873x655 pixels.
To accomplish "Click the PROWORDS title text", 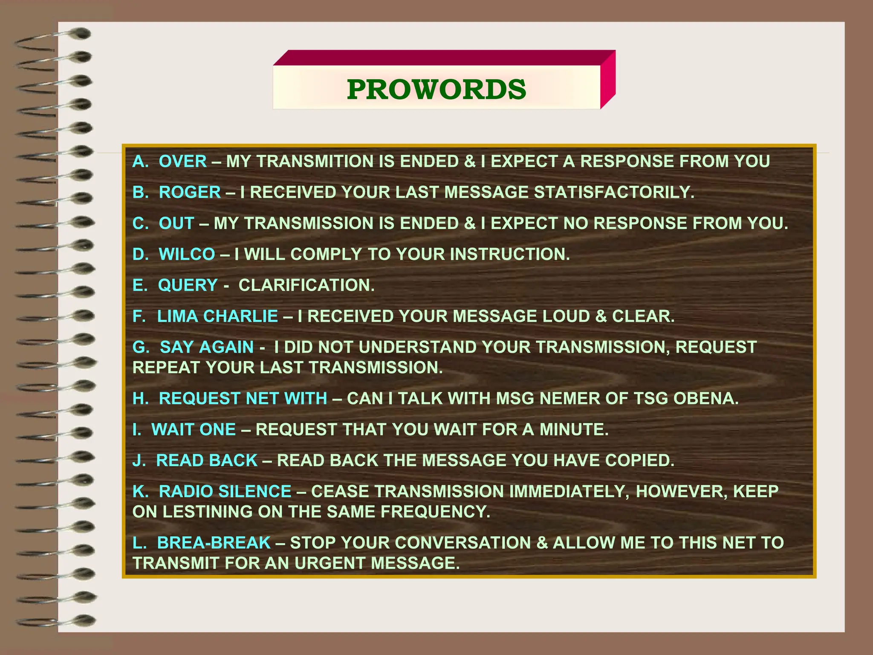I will (x=436, y=90).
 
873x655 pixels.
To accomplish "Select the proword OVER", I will (x=182, y=162).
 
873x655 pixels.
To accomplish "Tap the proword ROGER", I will (x=190, y=193).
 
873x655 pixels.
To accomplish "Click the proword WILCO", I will (x=187, y=255).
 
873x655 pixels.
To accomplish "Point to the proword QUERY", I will (x=188, y=285).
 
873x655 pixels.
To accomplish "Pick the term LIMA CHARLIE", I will (x=217, y=316).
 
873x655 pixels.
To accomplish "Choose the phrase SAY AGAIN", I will (x=207, y=348).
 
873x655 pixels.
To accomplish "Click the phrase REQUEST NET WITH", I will (x=243, y=399).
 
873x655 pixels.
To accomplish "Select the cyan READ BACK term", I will (x=207, y=461).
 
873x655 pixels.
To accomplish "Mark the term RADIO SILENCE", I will (x=225, y=492).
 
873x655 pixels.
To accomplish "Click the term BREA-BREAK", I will (x=214, y=543).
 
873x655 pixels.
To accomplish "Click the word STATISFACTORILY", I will (x=614, y=193).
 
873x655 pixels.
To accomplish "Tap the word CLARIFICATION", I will (x=306, y=285).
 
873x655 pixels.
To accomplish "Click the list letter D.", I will (x=139, y=255).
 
